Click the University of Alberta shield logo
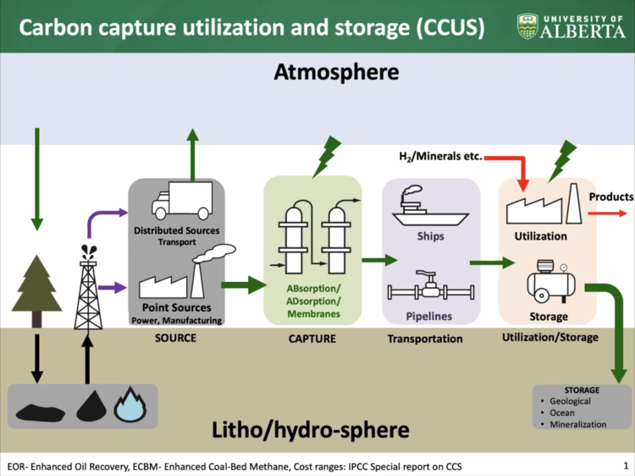point(527,27)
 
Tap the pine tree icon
point(37,291)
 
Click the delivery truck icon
point(182,201)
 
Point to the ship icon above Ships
point(430,205)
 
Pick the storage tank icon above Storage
point(551,282)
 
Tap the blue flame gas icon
point(130,405)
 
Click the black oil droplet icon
point(91,406)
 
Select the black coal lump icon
point(41,412)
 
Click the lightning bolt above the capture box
point(327,157)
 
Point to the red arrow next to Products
point(607,213)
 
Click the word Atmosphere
point(336,72)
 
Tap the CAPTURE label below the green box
point(312,339)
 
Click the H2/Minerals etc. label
point(440,157)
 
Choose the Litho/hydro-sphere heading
point(311,429)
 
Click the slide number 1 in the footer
point(626,466)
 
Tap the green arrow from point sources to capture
point(244,285)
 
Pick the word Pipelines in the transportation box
point(429,317)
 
